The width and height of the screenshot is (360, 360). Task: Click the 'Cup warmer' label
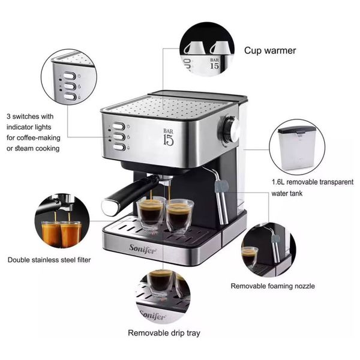coord(269,50)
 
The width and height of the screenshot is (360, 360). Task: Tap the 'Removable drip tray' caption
coord(164,332)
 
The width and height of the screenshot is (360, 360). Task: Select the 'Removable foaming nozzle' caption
coord(272,286)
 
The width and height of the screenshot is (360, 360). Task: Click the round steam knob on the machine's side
coord(231,129)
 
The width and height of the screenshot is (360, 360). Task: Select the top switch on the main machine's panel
coord(119,127)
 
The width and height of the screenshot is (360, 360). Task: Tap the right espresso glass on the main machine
coord(178,215)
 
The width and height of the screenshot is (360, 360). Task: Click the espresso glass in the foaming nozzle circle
coord(250,257)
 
